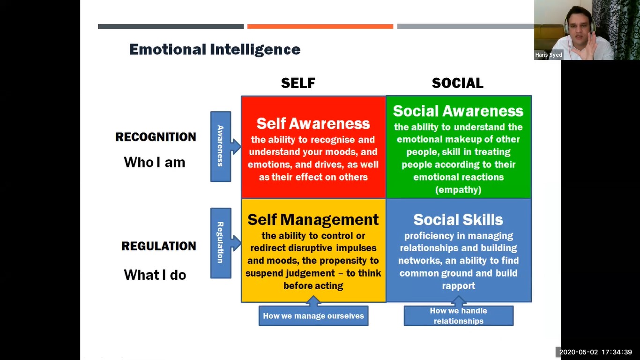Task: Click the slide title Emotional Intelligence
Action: point(215,50)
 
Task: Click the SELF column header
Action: point(298,83)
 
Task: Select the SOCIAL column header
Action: point(457,83)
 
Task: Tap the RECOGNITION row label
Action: point(156,137)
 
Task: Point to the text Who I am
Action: point(155,162)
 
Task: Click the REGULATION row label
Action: point(159,246)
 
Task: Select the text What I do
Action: point(155,275)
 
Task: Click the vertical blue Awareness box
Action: point(221,146)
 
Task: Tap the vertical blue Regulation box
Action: point(221,243)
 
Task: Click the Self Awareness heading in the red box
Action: point(313,124)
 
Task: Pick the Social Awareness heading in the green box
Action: point(458,111)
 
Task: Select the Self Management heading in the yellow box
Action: point(313,219)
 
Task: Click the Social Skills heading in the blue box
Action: point(458,219)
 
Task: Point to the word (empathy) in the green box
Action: point(458,189)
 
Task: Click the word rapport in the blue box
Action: point(458,286)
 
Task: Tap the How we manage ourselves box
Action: point(313,315)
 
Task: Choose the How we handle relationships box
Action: point(459,315)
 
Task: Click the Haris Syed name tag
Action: point(549,55)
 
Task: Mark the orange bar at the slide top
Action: point(320,27)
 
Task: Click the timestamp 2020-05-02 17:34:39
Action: point(595,352)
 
